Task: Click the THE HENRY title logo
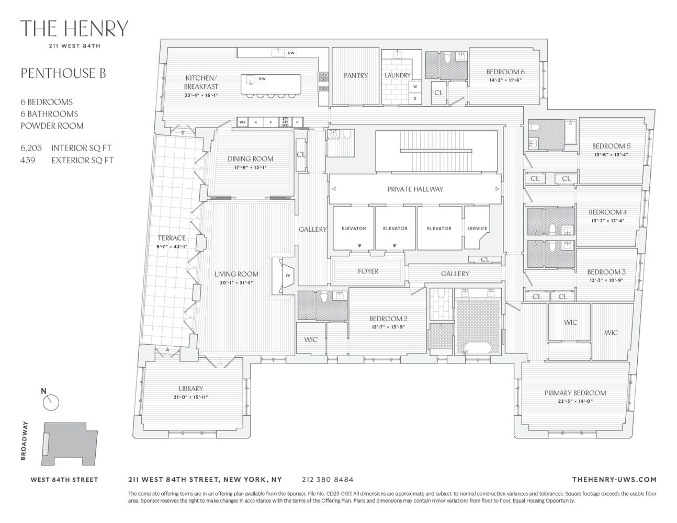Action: [74, 29]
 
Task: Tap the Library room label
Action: [190, 389]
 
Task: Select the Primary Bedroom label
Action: [575, 393]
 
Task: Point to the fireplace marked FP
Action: [287, 275]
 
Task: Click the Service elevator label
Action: [477, 229]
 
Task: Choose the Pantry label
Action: [356, 75]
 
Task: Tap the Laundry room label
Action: [398, 75]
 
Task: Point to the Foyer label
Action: [368, 271]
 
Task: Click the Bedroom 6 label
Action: [505, 72]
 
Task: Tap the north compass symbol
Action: [52, 401]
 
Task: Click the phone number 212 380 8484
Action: [328, 479]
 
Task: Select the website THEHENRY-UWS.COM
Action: [614, 479]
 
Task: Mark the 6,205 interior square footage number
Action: [31, 148]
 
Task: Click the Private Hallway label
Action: [415, 189]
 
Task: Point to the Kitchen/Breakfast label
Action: [201, 82]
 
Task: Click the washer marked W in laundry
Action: [415, 86]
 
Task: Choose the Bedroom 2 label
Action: [388, 319]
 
